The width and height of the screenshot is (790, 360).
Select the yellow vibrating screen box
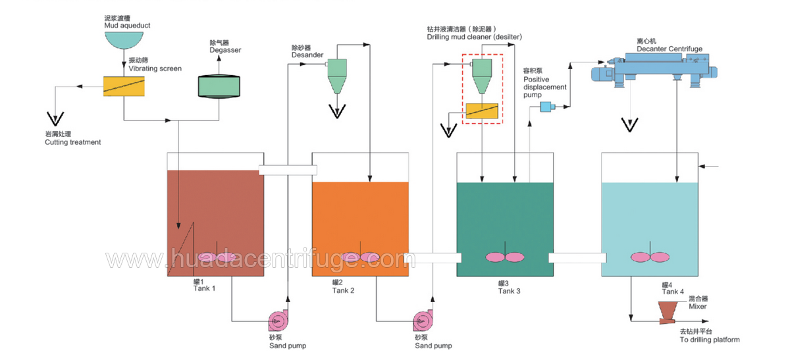point(124,86)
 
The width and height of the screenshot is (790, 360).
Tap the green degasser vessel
point(219,86)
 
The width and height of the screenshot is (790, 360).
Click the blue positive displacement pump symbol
point(546,107)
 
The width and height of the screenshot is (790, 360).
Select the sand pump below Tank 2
point(423,321)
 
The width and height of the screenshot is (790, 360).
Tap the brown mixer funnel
point(670,311)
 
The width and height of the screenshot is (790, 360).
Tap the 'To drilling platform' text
point(709,340)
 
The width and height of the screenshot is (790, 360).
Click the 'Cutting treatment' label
point(72,142)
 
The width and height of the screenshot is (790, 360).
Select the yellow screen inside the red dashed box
point(483,111)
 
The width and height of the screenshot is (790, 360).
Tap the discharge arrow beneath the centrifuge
point(631,124)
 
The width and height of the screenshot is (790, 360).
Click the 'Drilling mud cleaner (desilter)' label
point(474,37)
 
